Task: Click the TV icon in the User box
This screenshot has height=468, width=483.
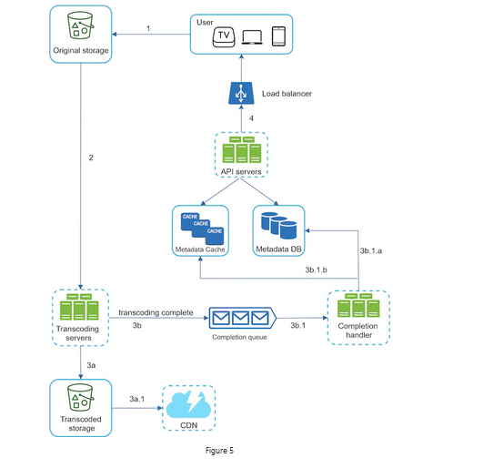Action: (x=224, y=36)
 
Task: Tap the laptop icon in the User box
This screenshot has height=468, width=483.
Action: (x=253, y=36)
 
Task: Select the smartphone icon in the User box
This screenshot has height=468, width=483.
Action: (x=279, y=36)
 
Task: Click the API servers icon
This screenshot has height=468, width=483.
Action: (x=241, y=148)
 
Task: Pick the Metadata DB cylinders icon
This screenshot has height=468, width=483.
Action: (x=277, y=225)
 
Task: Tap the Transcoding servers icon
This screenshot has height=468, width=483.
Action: (x=80, y=309)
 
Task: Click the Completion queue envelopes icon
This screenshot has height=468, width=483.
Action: (x=242, y=318)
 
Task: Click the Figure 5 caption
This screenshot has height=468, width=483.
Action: (x=241, y=450)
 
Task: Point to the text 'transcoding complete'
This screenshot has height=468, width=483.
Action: (x=156, y=311)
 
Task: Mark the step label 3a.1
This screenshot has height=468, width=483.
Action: (x=138, y=398)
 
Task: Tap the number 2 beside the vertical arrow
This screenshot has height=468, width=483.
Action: (x=91, y=158)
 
